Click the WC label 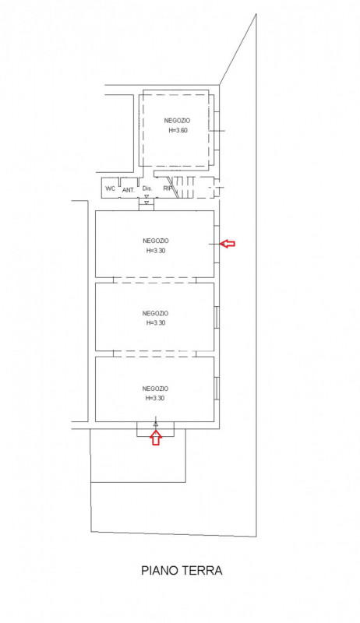tap(110, 188)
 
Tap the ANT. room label tap(129, 190)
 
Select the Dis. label tap(147, 188)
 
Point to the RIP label tap(167, 188)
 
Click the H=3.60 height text tap(178, 130)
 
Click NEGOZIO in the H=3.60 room tap(177, 121)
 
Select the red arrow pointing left tap(228, 243)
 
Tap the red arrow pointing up tap(156, 438)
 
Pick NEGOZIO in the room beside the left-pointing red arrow tap(156, 241)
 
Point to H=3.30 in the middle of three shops tap(156, 322)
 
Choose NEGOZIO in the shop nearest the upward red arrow tap(156, 389)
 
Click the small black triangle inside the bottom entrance tap(156, 424)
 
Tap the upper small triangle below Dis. tap(146, 197)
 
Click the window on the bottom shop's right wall tap(217, 388)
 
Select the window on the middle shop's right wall tap(217, 318)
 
